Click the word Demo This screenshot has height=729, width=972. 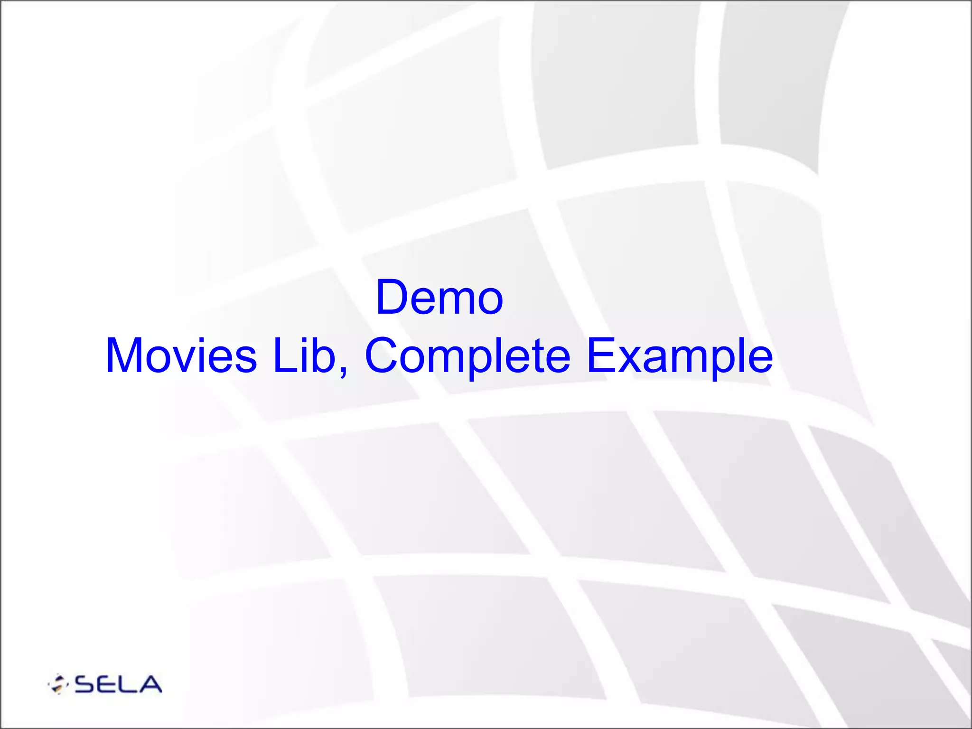pos(439,298)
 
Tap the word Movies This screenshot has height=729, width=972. pos(181,355)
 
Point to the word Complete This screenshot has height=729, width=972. pos(467,356)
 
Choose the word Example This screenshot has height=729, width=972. pos(680,356)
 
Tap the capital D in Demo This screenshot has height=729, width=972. pos(392,298)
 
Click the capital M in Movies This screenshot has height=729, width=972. pos(124,355)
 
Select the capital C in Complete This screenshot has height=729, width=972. pos(383,355)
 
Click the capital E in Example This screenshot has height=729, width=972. pos(600,355)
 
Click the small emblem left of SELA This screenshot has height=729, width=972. pos(58,684)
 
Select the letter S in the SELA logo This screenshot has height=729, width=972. pos(86,684)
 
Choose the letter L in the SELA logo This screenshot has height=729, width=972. pos(128,684)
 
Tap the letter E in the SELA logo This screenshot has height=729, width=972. pos(107,684)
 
